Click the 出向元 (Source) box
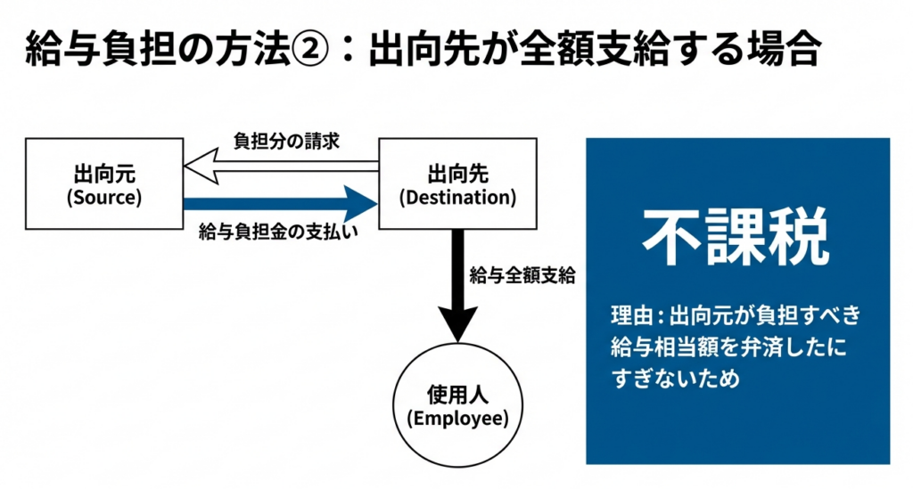tap(103, 183)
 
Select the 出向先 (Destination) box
tap(457, 183)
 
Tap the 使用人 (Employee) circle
tap(457, 404)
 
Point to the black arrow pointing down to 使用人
tap(457, 285)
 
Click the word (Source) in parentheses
tap(103, 197)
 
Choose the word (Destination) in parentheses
tap(457, 197)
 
